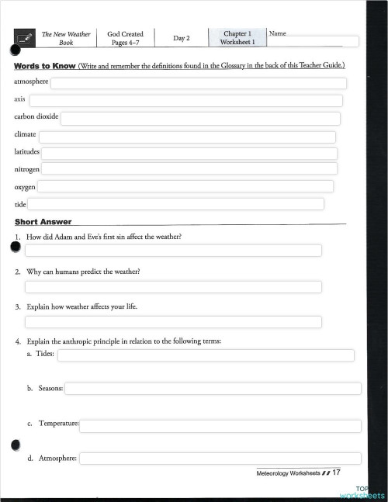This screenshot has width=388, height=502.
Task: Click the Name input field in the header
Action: pos(314,42)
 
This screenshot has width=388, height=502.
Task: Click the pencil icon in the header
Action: pos(24,37)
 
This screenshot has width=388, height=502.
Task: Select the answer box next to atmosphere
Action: pos(199,84)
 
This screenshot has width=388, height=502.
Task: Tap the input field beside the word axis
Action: pos(185,101)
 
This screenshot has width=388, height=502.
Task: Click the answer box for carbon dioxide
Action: pos(200,118)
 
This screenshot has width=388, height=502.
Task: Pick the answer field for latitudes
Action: pos(189,153)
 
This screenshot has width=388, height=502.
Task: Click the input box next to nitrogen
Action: pos(189,168)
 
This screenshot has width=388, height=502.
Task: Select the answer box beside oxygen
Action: pos(185,186)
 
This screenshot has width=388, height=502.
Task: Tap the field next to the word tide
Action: pos(176,204)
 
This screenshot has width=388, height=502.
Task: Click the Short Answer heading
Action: pos(43,222)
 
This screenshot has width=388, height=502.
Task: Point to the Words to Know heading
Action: pos(44,66)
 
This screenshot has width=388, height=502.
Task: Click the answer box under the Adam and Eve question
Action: pos(173,251)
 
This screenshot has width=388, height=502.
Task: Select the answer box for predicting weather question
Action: pos(173,287)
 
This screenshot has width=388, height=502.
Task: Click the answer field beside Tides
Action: pos(206,355)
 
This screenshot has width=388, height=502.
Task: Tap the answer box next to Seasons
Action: pos(213,389)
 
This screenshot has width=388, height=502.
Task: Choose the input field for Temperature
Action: pos(220,426)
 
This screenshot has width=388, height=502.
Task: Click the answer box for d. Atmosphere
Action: pos(220,459)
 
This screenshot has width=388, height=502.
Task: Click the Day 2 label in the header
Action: pos(182,38)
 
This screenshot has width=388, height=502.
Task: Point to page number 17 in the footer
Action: pos(337,472)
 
